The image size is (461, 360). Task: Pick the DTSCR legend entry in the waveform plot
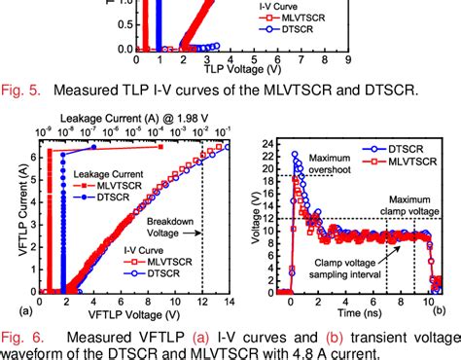pos(411,147)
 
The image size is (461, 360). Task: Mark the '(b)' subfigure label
pos(440,310)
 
